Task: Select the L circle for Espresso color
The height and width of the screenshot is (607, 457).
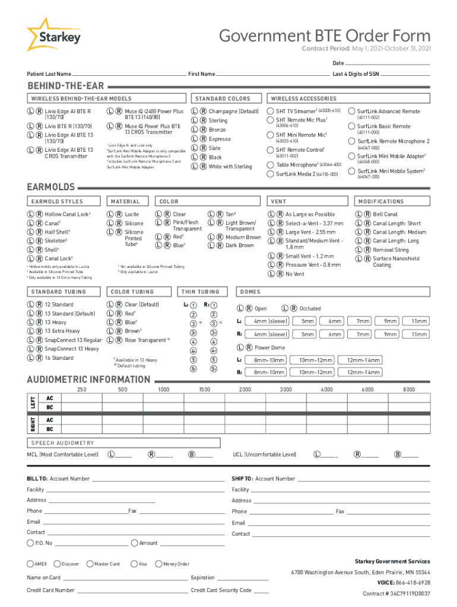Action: pyautogui.click(x=194, y=139)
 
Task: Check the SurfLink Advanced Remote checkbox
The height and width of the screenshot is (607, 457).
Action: pyautogui.click(x=352, y=111)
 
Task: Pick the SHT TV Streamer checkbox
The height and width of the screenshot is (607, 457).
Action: pyautogui.click(x=271, y=111)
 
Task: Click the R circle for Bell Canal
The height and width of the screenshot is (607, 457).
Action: pyautogui.click(x=367, y=214)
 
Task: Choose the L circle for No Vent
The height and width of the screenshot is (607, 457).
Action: pyautogui.click(x=271, y=274)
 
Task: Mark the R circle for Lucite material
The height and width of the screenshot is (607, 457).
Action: pyautogui.click(x=118, y=214)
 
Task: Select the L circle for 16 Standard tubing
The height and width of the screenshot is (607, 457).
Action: pyautogui.click(x=30, y=358)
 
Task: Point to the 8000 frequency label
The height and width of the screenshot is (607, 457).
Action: pyautogui.click(x=409, y=389)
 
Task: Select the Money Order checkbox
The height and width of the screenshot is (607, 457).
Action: pyautogui.click(x=158, y=564)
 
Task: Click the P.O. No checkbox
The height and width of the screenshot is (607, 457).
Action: pyautogui.click(x=30, y=543)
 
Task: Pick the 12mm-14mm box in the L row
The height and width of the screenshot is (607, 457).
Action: pyautogui.click(x=364, y=360)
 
